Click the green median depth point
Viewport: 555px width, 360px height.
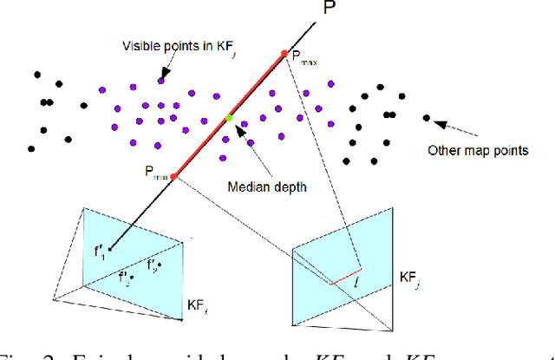point(229,118)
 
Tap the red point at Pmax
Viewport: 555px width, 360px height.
point(284,54)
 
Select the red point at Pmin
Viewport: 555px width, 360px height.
point(173,176)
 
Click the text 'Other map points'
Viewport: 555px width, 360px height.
point(478,150)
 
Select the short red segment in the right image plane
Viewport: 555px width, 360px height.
point(345,278)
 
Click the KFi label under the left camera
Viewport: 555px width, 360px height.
point(199,306)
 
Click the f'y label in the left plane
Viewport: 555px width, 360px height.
point(153,263)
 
